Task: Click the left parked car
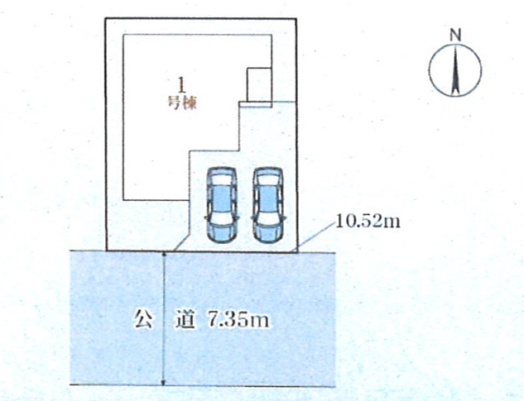(x=221, y=204)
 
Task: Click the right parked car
(x=267, y=204)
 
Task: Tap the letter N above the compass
(x=454, y=35)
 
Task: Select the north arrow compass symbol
(x=454, y=69)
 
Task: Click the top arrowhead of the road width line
(x=165, y=255)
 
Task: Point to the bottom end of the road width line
(x=165, y=383)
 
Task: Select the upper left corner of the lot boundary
(x=106, y=18)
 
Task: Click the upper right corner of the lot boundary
(x=296, y=18)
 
